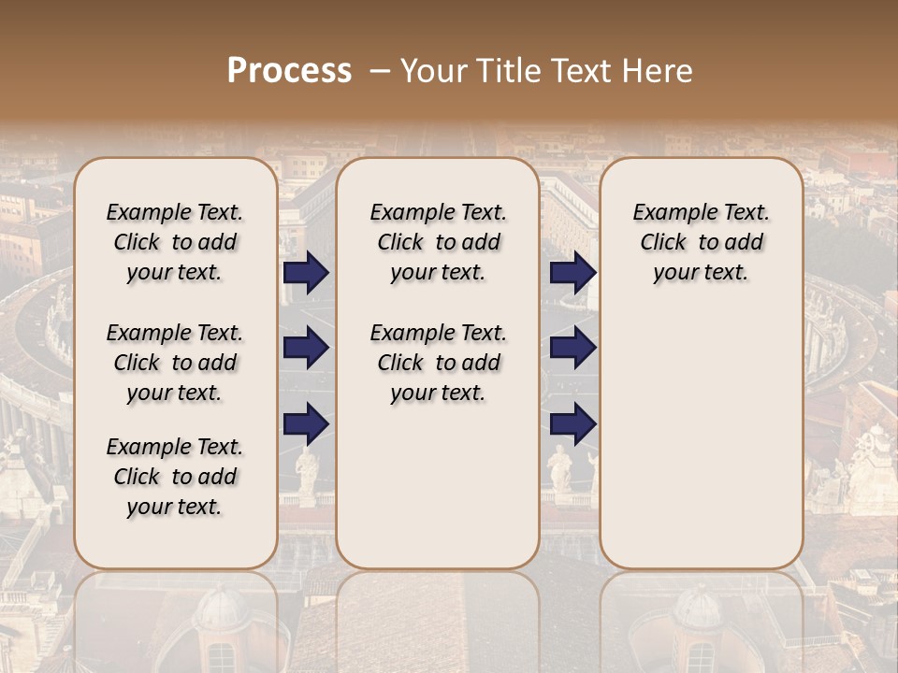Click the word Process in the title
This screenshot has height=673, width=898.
pyautogui.click(x=289, y=71)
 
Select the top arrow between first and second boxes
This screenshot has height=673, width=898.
pyautogui.click(x=306, y=273)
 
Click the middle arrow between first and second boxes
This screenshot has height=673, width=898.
pyautogui.click(x=306, y=349)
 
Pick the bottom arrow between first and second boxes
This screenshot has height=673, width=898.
pyautogui.click(x=306, y=424)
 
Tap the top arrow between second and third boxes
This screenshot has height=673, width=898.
pyautogui.click(x=572, y=273)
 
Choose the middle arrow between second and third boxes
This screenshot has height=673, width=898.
pyautogui.click(x=572, y=349)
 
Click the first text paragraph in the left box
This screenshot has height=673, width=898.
pyautogui.click(x=175, y=242)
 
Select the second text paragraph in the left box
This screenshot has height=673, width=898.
pyautogui.click(x=175, y=363)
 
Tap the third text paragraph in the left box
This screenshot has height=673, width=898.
pyautogui.click(x=175, y=477)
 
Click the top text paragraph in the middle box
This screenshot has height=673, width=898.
pyautogui.click(x=438, y=242)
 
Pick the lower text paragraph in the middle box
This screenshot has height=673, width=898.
pyautogui.click(x=438, y=363)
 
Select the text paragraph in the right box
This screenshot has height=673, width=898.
pyautogui.click(x=701, y=242)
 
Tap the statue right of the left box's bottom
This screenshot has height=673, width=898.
pyautogui.click(x=306, y=472)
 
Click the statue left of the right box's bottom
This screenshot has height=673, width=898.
pyautogui.click(x=559, y=467)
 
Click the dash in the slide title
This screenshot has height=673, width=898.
pyautogui.click(x=380, y=71)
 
